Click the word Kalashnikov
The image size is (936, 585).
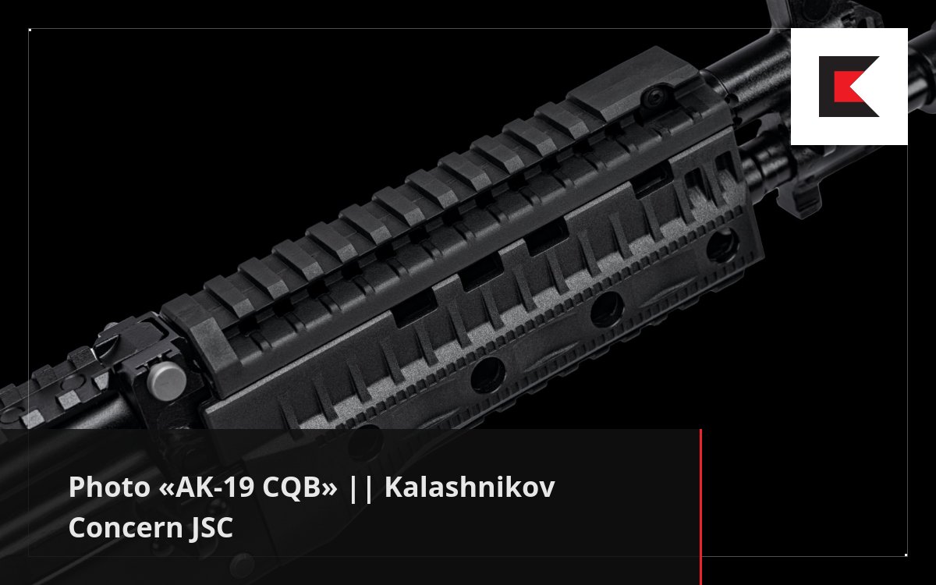[x=469, y=489]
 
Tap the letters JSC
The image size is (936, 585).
[x=211, y=527]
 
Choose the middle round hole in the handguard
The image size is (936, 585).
[x=606, y=311]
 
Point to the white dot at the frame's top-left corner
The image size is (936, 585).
[x=30, y=30]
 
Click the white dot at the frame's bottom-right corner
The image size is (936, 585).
[x=906, y=555]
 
